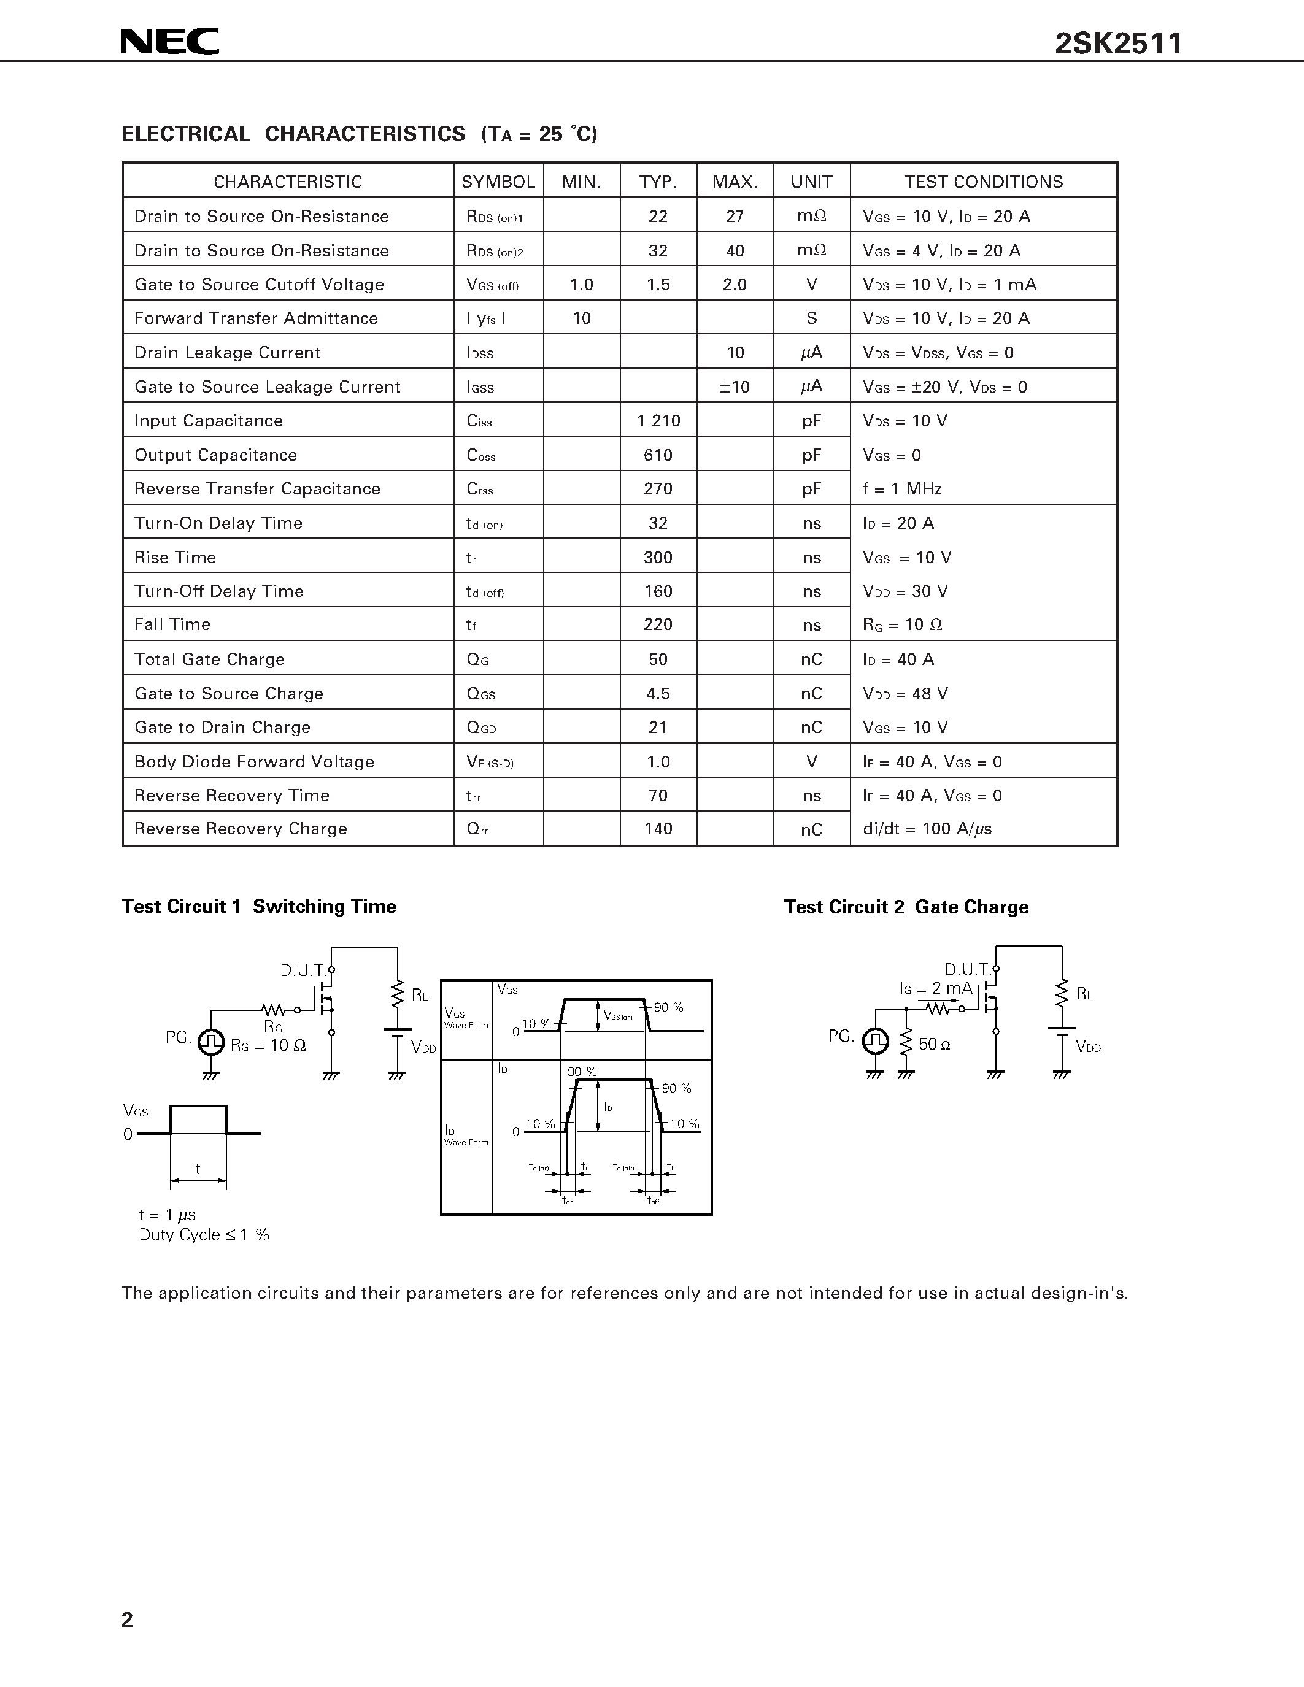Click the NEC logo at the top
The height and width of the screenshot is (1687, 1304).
click(x=169, y=42)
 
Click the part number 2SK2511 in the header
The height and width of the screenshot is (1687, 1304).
click(x=1118, y=44)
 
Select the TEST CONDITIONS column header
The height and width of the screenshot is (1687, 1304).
click(x=984, y=182)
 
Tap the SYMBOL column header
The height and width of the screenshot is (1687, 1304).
click(x=498, y=182)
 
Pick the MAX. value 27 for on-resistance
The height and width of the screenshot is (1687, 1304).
click(x=735, y=217)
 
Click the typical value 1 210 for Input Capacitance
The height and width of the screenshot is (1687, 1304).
click(x=658, y=421)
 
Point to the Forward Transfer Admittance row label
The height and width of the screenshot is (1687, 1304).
click(x=256, y=318)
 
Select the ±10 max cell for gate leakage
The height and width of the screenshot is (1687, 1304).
click(x=735, y=387)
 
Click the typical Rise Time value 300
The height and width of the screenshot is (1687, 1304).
click(x=658, y=558)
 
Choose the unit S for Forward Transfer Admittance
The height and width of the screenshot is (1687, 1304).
click(x=811, y=318)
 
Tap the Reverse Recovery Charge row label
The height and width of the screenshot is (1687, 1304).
click(x=241, y=829)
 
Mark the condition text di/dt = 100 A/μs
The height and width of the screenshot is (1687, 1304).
click(x=927, y=829)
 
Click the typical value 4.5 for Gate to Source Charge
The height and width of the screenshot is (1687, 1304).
click(x=658, y=694)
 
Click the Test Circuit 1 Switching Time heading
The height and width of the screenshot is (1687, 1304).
click(x=259, y=907)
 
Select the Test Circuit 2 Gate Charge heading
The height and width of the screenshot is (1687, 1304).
click(x=906, y=907)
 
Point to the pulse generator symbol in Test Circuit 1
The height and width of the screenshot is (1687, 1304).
click(x=211, y=1043)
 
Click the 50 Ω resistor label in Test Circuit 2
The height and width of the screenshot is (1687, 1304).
click(x=934, y=1044)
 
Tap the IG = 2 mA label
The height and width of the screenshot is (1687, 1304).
click(x=936, y=989)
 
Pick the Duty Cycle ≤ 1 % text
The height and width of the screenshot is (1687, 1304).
click(x=204, y=1235)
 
